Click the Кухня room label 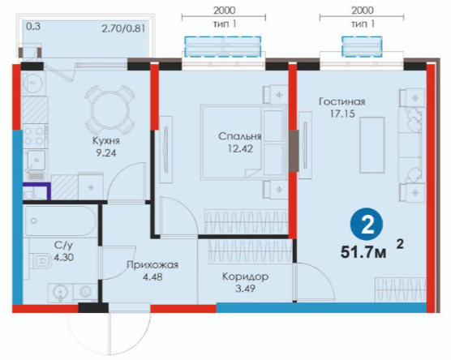point(105,141)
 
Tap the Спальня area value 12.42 point(240,148)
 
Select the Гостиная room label point(342,102)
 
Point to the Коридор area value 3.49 point(245,288)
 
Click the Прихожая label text point(152,265)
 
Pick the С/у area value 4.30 point(64,257)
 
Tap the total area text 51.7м point(363,252)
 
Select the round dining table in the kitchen point(110,110)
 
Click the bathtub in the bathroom point(60,221)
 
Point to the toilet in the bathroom point(42,261)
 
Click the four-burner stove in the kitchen point(33,136)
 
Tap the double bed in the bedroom point(243,142)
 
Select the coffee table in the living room point(372,145)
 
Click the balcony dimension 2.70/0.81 point(123,28)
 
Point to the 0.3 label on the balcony point(33,27)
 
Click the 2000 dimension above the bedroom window point(225,11)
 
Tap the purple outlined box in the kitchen point(37,191)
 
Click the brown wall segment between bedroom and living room point(294,151)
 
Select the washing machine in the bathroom point(85,292)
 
